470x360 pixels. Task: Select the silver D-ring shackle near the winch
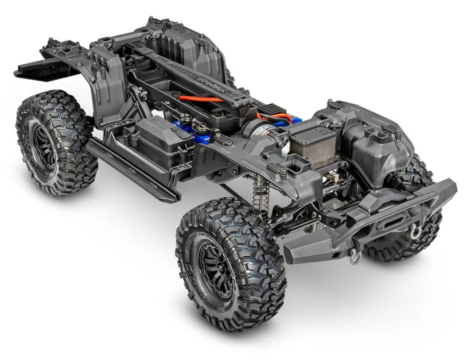coord(414,230)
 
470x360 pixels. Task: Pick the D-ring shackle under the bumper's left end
coord(354,257)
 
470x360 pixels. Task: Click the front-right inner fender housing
coord(376,141)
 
